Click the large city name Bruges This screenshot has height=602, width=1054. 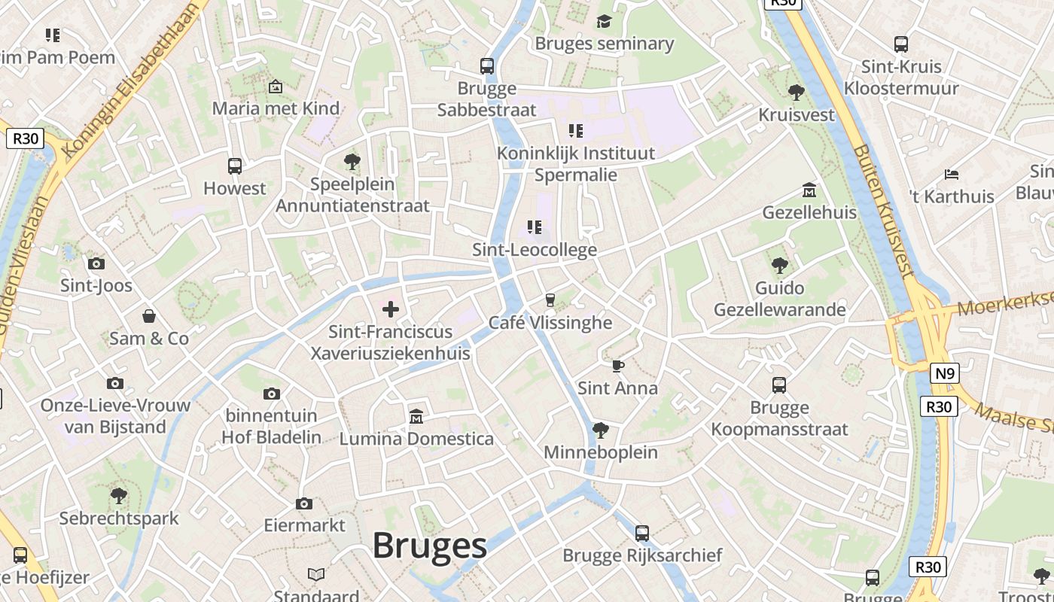pyautogui.click(x=430, y=546)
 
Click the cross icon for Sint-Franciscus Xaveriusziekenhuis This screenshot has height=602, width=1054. pyautogui.click(x=391, y=309)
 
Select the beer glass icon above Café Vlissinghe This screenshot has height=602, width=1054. pyautogui.click(x=550, y=299)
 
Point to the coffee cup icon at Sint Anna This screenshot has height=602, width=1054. pyautogui.click(x=617, y=366)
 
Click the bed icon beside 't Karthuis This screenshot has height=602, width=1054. pyautogui.click(x=952, y=175)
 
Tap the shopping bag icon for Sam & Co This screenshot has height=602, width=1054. pyautogui.click(x=149, y=315)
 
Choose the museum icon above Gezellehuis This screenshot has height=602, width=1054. pyautogui.click(x=809, y=190)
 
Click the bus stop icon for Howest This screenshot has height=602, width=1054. pyautogui.click(x=235, y=166)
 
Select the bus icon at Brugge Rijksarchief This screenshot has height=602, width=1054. pyautogui.click(x=642, y=533)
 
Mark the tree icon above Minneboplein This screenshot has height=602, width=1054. pyautogui.click(x=600, y=430)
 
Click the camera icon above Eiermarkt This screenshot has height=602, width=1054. pyautogui.click(x=304, y=503)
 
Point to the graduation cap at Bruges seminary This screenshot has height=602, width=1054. pyautogui.click(x=604, y=21)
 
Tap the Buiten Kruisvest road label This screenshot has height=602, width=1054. pyautogui.click(x=882, y=211)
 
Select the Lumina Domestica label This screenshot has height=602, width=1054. pyautogui.click(x=416, y=439)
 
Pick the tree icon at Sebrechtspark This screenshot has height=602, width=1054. pyautogui.click(x=118, y=496)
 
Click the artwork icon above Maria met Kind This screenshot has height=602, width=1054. pyautogui.click(x=275, y=87)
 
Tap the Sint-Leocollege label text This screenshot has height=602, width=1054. pyautogui.click(x=535, y=250)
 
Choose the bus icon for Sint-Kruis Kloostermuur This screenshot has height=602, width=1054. pyautogui.click(x=900, y=44)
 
